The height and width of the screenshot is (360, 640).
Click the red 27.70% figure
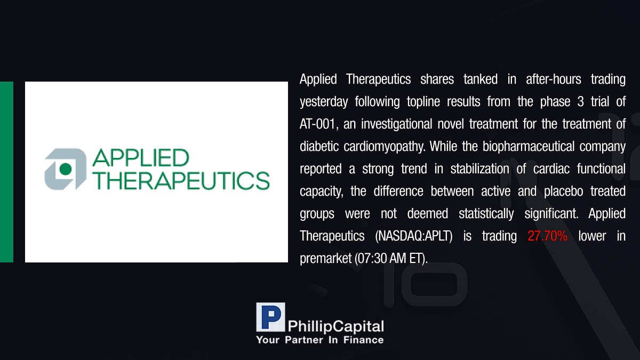547,236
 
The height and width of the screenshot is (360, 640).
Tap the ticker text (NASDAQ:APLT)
414,236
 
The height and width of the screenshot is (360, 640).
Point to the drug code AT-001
317,124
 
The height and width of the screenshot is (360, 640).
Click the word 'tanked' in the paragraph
481,79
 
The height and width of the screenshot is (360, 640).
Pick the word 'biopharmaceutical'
529,147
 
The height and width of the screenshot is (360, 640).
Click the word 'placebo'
563,191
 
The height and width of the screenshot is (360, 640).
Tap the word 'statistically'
486,214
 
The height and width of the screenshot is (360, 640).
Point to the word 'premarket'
325,259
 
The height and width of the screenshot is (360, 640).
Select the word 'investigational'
397,124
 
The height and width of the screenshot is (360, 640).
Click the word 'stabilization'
479,169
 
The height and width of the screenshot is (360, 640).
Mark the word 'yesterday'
324,102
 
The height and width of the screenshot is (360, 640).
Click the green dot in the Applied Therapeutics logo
66,169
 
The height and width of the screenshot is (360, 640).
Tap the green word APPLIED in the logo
141,157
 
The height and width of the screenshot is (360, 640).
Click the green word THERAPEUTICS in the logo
181,181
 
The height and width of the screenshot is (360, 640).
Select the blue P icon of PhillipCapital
270,317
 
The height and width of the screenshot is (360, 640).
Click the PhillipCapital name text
335,326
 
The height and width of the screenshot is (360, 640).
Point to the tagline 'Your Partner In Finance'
320,340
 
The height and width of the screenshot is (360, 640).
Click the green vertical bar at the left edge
6,172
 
